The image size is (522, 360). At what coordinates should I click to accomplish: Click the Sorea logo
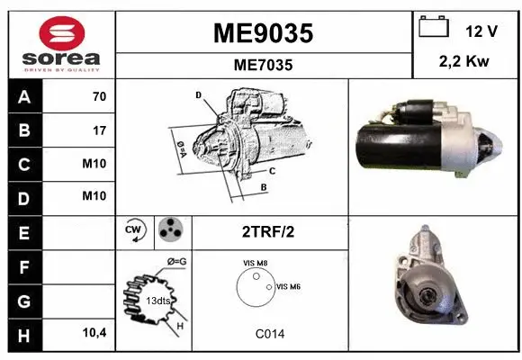click(60, 44)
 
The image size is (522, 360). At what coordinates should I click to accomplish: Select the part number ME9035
click(263, 34)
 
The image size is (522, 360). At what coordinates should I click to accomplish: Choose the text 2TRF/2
click(268, 231)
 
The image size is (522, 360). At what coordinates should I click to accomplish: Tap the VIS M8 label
click(256, 263)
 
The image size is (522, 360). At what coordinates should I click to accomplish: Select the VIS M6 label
click(288, 286)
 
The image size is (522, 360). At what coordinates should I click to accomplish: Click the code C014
click(268, 334)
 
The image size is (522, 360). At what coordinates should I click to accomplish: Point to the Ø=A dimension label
click(180, 145)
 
